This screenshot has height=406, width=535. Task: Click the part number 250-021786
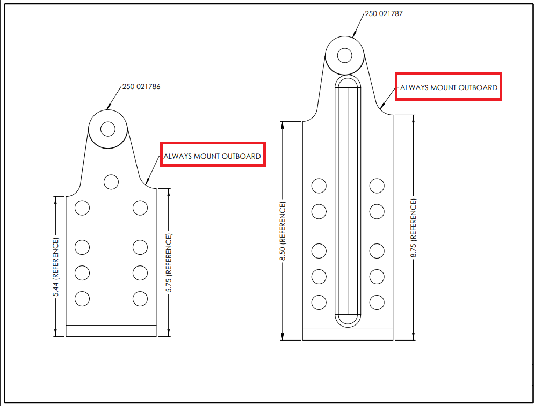point(141,86)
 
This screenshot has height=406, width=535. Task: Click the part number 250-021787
point(384,13)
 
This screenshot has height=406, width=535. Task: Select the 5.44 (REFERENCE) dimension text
point(56,267)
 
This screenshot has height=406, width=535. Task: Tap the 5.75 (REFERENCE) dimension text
point(169,262)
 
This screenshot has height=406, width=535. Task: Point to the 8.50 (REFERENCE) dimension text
point(283,231)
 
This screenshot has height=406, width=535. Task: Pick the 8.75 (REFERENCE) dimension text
point(414,228)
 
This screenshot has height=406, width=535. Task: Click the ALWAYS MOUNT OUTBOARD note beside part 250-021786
point(212,156)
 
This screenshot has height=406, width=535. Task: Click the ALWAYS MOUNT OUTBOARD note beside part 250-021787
point(449,87)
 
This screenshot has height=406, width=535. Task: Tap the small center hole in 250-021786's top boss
point(108,129)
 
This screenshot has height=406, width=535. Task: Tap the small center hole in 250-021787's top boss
point(345,56)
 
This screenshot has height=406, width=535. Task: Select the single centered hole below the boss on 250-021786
point(111,182)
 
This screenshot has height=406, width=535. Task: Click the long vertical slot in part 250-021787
point(348,201)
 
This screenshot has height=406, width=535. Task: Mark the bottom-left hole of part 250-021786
point(82,299)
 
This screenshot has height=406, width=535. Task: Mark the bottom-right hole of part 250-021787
point(377,302)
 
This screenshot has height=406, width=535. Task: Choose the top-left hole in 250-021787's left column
point(319,186)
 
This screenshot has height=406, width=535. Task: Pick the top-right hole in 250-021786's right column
point(140,208)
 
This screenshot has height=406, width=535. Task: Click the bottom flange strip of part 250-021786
point(111,331)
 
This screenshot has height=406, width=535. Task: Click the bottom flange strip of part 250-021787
point(348,335)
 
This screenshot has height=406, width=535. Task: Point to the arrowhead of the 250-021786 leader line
point(109,107)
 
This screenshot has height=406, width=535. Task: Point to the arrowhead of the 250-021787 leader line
point(354,34)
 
